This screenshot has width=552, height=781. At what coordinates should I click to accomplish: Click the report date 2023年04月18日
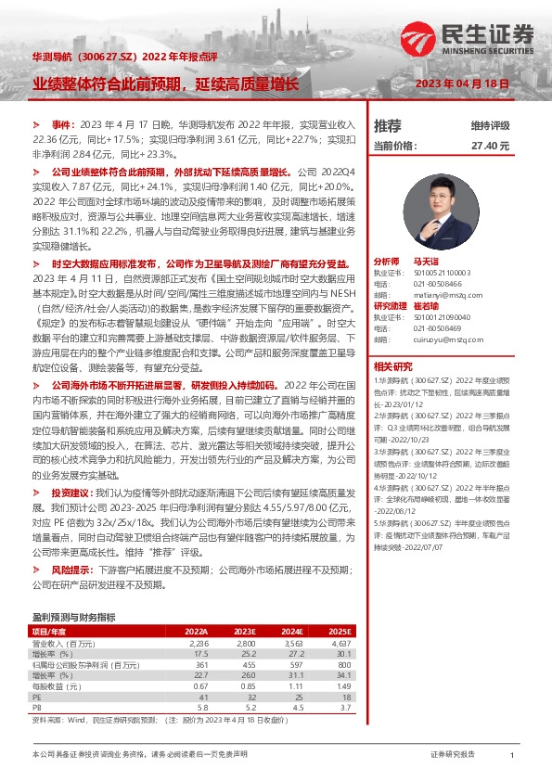point(473,83)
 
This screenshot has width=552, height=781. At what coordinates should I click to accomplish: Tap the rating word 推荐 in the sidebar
point(387,126)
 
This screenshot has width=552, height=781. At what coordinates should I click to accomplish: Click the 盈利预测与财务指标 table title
point(74,617)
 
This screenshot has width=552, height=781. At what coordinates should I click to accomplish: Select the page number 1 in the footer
point(512,756)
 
